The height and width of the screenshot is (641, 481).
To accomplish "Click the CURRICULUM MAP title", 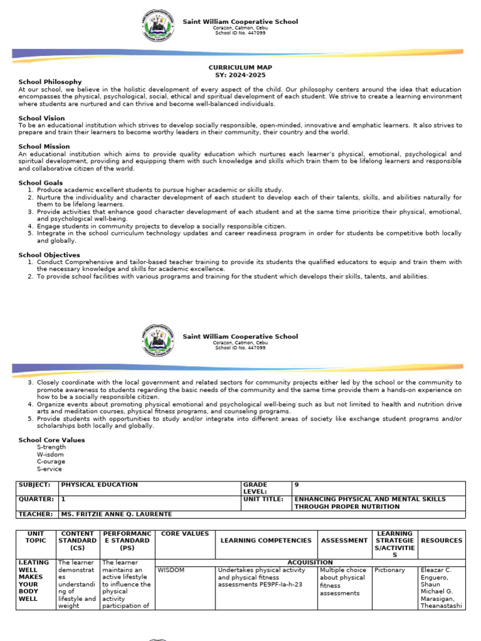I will coord(240,67).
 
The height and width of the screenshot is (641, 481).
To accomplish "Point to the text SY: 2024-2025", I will coord(240,74).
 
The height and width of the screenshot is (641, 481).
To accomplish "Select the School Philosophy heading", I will coord(50,82).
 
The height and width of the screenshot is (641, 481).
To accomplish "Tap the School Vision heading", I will coord(41,118).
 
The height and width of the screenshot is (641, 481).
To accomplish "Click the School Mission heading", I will coord(43,146).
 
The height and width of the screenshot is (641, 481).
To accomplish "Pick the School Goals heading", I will coord(41,183).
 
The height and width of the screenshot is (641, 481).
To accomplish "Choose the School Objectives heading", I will coord(49,255).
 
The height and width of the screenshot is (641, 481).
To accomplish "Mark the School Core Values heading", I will coord(51,440).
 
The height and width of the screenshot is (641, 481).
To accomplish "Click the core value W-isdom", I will coord(51,454).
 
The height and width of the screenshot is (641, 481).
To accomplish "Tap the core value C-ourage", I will coord(52,462).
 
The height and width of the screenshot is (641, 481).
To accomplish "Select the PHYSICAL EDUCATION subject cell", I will coord(99,485).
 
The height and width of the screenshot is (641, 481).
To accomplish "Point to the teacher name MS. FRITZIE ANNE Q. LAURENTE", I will coord(116,515).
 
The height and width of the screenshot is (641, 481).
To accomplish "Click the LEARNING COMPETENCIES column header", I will coord(266,540).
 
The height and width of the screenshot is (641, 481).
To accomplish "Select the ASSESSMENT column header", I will coord(344,540).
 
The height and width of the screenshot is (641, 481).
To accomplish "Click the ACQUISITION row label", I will coord(309,562).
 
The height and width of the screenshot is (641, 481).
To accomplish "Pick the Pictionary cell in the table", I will coord(390,570).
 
